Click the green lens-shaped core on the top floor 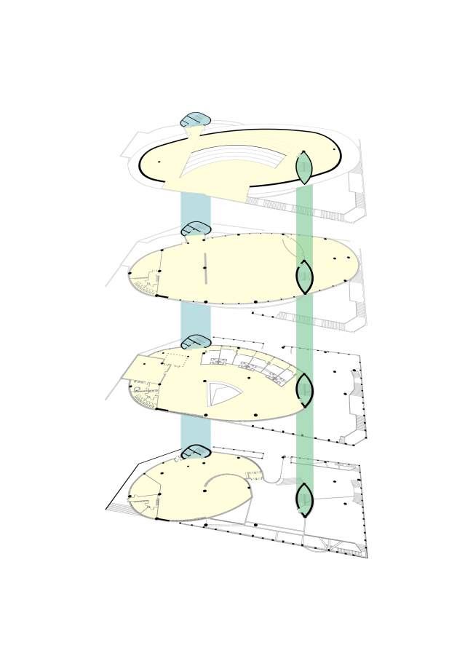(x=304, y=168)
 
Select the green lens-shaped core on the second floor (x=304, y=277)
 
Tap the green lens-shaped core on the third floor (x=304, y=389)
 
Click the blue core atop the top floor (x=196, y=120)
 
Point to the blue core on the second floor (x=196, y=229)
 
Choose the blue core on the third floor (x=196, y=341)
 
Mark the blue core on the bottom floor (x=196, y=452)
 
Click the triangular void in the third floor (x=222, y=394)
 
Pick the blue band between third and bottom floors (x=196, y=433)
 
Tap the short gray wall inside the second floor (x=205, y=269)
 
